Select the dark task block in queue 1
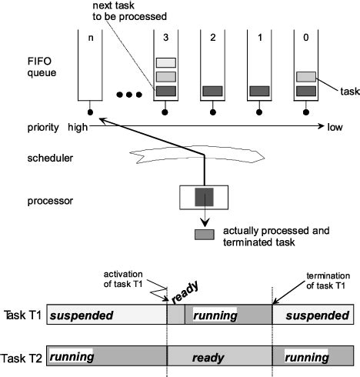260,91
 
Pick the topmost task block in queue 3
165,62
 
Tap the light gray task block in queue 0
306,76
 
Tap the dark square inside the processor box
204,197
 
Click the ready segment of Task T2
219,358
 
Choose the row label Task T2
22,358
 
